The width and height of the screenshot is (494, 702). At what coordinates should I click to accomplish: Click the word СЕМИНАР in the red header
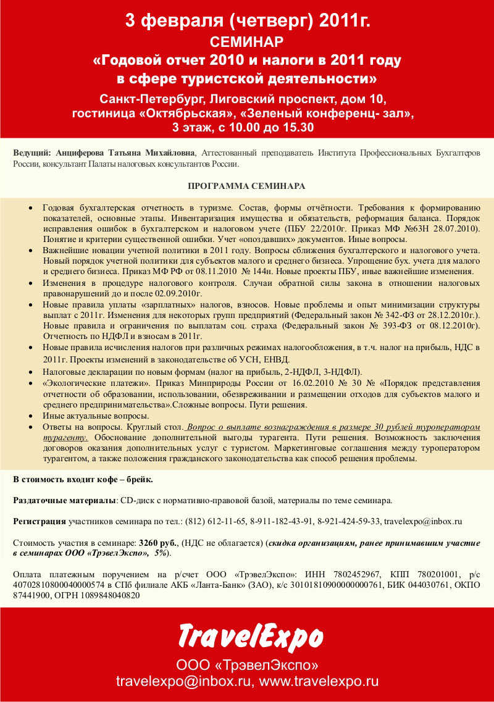coord(247,42)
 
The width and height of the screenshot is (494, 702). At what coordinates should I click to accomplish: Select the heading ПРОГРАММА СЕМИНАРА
coord(246,185)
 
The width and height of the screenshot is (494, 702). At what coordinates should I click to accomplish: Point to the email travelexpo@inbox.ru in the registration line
coord(423,521)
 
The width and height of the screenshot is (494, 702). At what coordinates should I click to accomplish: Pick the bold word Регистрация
coord(40,521)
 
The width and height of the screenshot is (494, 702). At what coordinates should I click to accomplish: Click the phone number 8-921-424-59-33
coord(349,521)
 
